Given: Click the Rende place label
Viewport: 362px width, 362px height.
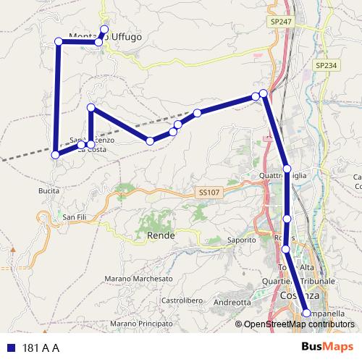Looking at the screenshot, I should [161, 235].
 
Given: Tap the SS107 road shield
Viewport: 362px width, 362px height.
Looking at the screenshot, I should [206, 193].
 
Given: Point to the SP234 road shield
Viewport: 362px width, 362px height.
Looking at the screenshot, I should [326, 65].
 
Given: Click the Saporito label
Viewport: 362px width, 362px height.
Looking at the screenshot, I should [242, 240].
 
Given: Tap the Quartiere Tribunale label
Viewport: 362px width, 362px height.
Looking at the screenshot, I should [306, 282].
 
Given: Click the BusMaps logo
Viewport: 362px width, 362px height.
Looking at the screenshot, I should [327, 347].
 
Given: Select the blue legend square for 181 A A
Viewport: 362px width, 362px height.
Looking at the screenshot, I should [10, 348].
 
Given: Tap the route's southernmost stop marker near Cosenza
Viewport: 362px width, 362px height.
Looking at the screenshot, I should [306, 313].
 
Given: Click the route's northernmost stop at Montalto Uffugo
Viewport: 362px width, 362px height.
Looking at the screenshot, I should [104, 30].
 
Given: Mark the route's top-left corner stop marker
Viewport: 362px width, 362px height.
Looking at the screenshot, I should [58, 41].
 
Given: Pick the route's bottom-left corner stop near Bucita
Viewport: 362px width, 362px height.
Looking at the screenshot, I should [55, 154].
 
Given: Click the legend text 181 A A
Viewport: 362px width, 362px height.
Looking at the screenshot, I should [41, 348].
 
